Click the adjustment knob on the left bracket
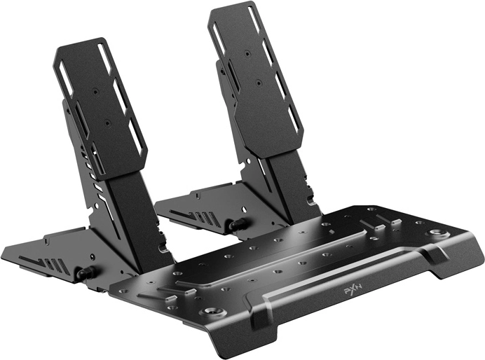85,272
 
